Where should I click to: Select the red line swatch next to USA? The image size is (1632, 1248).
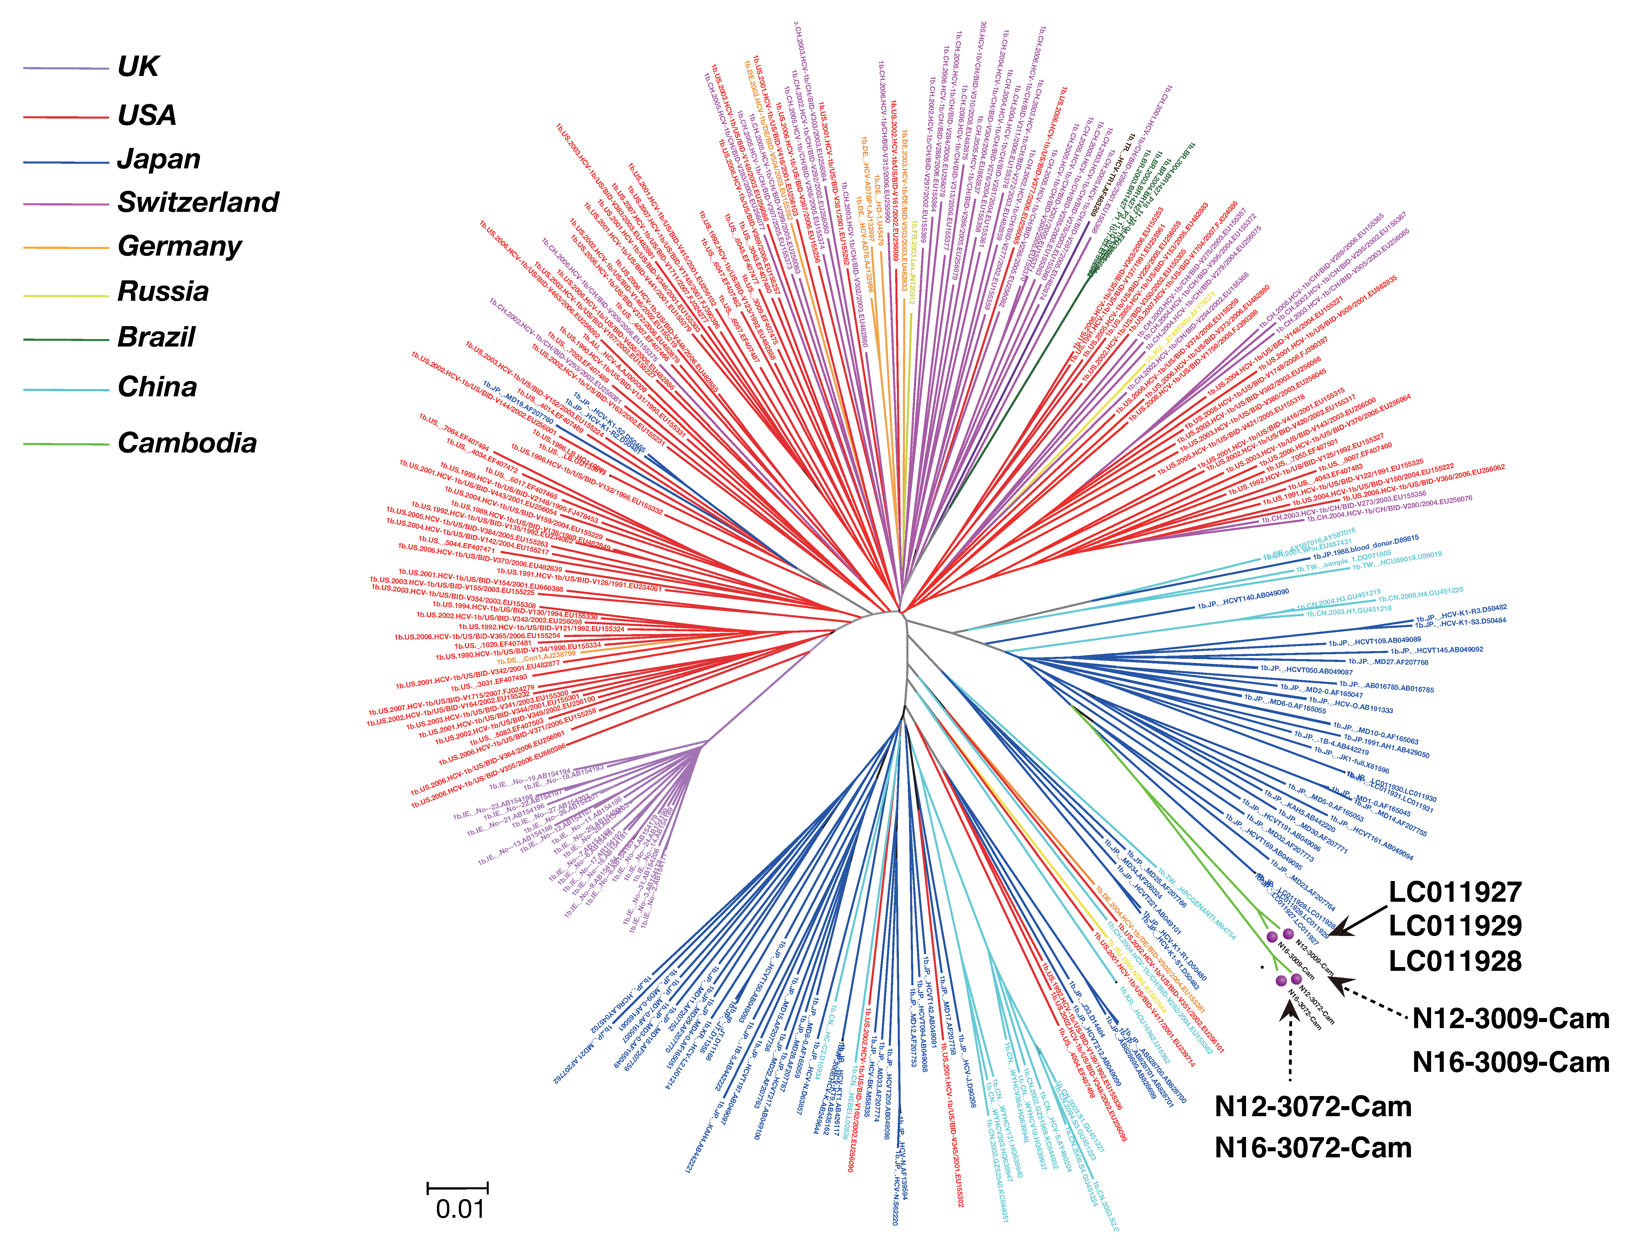click(x=65, y=117)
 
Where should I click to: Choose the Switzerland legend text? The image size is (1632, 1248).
click(x=197, y=202)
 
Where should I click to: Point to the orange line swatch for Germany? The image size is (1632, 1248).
click(x=65, y=247)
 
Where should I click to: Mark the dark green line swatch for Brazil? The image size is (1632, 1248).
click(x=65, y=339)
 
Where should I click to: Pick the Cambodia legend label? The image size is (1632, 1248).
click(x=187, y=444)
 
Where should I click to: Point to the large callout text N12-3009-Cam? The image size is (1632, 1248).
click(x=1510, y=1018)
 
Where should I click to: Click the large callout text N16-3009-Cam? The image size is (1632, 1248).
click(x=1510, y=1062)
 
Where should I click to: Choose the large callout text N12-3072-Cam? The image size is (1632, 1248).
click(x=1313, y=1107)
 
